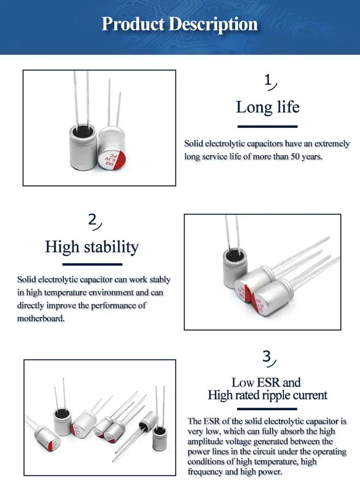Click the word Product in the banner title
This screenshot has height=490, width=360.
click(133, 24)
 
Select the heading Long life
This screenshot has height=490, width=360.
click(267, 107)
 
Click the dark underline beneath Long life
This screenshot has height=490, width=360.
click(267, 126)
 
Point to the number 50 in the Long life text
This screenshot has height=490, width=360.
click(295, 156)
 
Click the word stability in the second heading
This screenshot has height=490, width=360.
click(111, 247)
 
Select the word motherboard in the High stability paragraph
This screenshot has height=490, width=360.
click(41, 318)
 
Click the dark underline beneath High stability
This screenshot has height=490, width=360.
click(92, 265)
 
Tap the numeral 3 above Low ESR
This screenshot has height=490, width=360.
click(266, 356)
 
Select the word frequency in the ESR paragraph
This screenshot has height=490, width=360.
click(205, 472)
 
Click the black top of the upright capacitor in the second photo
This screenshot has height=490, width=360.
click(233, 254)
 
